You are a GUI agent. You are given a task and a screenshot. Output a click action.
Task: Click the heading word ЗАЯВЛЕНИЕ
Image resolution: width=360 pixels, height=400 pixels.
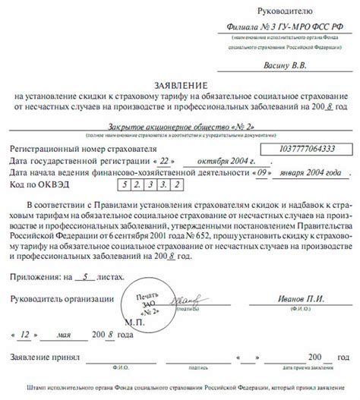tap(179, 87)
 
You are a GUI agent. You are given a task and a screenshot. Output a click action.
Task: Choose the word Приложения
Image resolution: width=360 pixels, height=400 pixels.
tap(37, 257)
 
